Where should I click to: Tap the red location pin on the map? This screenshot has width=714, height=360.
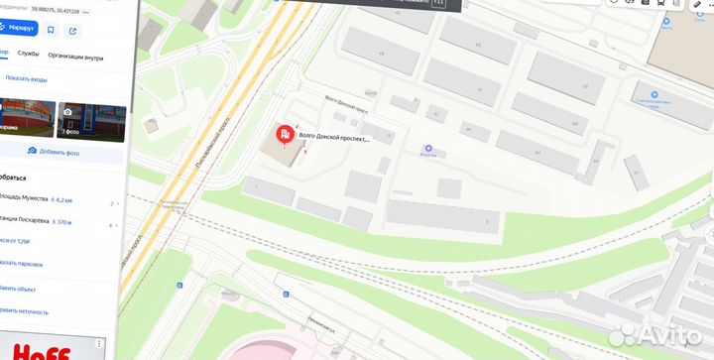click(x=284, y=135)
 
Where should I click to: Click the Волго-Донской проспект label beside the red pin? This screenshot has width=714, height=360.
click(x=334, y=139)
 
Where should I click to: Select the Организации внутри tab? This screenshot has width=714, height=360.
click(x=75, y=58)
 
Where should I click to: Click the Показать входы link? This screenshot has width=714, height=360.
click(x=26, y=78)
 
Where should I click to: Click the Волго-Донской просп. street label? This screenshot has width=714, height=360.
click(x=347, y=101)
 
